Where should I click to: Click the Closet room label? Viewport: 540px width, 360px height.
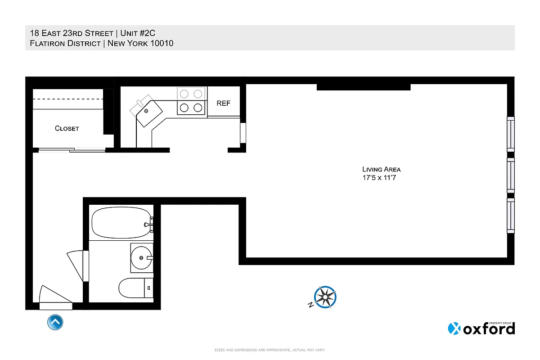click(x=67, y=128)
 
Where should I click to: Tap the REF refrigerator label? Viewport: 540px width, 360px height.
click(x=223, y=103)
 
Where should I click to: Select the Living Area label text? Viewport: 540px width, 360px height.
click(x=381, y=169)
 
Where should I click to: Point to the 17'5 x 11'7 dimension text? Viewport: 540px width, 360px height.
click(x=381, y=178)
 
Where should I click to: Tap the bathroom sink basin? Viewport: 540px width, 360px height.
click(x=141, y=257)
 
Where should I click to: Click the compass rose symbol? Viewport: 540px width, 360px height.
click(x=326, y=297)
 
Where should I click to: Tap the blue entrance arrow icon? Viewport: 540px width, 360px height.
click(x=55, y=322)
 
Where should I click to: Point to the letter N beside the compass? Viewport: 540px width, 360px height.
click(x=310, y=305)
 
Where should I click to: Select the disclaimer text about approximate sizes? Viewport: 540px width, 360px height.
click(x=270, y=350)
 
